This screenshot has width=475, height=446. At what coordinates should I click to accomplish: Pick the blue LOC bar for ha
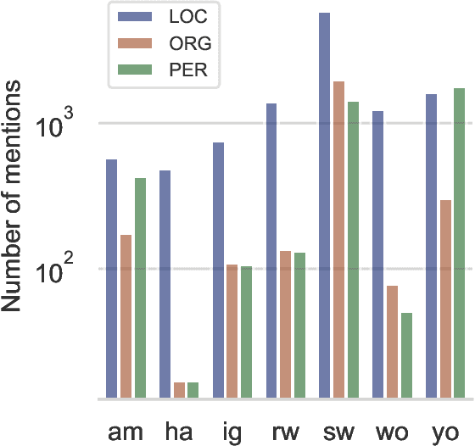tap(165, 284)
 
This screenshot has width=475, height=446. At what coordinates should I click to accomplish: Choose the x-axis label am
tap(126, 431)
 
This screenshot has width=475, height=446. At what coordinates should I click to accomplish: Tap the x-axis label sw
tap(338, 431)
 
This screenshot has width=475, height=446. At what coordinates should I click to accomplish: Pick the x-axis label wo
tap(392, 431)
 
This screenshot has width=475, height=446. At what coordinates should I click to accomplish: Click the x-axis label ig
tap(232, 431)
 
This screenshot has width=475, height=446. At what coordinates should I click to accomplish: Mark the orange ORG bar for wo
tap(392, 343)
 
